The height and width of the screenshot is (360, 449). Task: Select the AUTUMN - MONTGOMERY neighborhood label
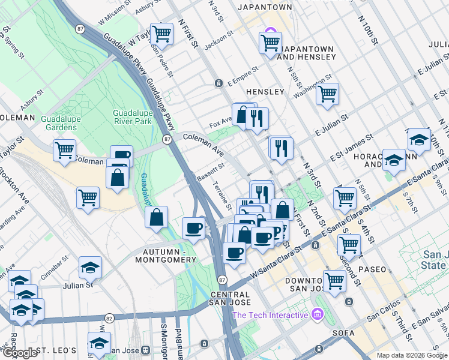pyautogui.click(x=169, y=255)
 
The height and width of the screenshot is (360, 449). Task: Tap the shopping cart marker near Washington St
pyautogui.click(x=327, y=94)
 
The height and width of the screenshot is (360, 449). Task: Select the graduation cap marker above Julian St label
pyautogui.click(x=90, y=267)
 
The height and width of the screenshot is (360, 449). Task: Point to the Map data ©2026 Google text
pyautogui.click(x=411, y=355)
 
